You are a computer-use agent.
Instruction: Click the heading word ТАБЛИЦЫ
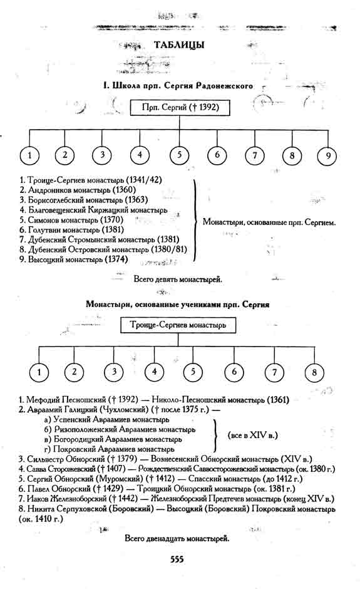coord(179,44)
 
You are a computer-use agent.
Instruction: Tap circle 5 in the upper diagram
coord(180,155)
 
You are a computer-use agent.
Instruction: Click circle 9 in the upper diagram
coord(327,155)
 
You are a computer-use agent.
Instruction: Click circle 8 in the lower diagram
coord(314,373)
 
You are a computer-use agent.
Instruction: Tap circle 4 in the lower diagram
coord(154,372)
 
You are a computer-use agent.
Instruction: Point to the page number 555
coord(177,560)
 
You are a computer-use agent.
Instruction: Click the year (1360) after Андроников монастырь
coord(124,190)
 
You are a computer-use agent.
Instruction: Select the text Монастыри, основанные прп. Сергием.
coord(269,222)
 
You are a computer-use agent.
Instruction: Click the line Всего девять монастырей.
coord(178,279)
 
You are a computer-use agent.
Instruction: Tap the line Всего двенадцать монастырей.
coord(177,539)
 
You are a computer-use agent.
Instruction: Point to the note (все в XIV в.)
coord(253,435)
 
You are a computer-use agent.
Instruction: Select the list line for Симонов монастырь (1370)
coord(71,220)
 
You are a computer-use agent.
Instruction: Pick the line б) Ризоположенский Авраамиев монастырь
coord(120,429)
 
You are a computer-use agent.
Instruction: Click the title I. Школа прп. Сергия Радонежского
coord(178,86)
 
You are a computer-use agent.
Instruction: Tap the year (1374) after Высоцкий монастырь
coord(116,259)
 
